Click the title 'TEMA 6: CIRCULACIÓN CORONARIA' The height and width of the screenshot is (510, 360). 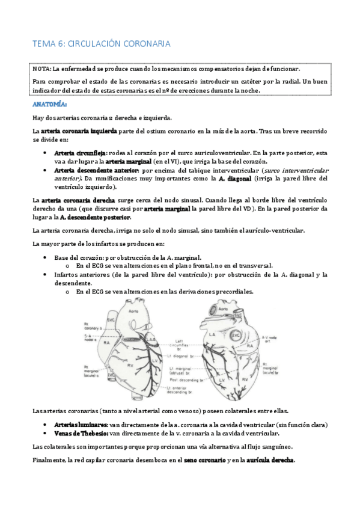click(x=102, y=44)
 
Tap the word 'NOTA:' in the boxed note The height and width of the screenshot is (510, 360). click(x=43, y=69)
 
